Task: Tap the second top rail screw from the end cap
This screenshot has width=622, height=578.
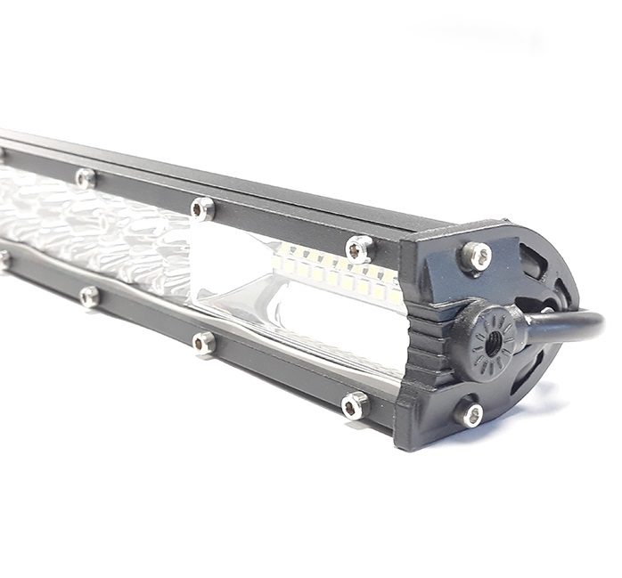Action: tap(202, 208)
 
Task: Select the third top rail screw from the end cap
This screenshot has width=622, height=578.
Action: tap(86, 178)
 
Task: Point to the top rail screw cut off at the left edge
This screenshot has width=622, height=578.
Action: tap(3, 154)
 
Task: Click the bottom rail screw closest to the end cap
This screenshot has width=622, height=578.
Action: tap(355, 404)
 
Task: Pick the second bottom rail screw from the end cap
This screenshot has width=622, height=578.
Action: tap(204, 342)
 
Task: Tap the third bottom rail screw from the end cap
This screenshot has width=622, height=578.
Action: tap(89, 296)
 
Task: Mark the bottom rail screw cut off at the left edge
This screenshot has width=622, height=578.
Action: tap(4, 260)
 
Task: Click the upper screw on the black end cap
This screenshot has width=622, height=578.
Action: tap(476, 256)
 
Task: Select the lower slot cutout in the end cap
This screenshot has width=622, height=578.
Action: tap(526, 383)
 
